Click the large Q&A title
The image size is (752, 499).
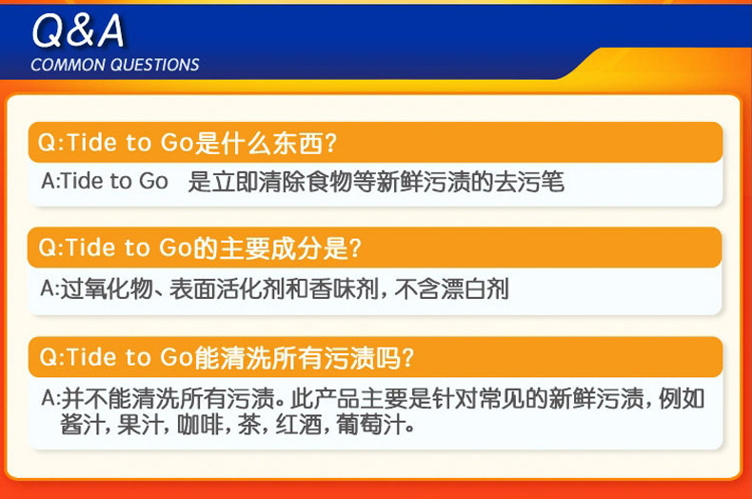coord(78,30)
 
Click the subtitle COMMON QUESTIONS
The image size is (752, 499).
coord(115,65)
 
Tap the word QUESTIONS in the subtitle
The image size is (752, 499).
coord(156,65)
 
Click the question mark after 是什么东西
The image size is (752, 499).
coord(330,143)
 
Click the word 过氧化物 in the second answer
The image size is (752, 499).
coord(107,289)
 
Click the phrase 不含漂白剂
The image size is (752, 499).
coord(451,289)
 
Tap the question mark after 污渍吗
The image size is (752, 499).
coord(407,358)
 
